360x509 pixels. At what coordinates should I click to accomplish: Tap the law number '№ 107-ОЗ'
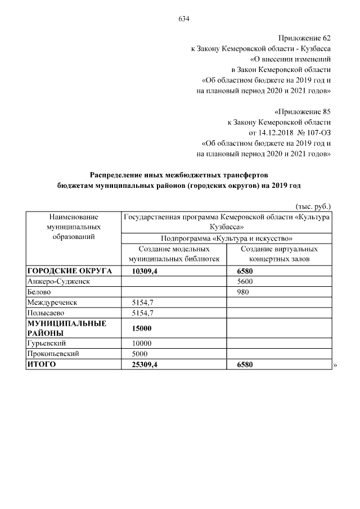click(316, 133)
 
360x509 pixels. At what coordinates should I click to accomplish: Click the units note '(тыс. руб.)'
click(313, 206)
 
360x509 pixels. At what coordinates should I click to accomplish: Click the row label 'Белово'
click(39, 292)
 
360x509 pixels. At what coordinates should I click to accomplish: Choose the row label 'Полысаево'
click(46, 313)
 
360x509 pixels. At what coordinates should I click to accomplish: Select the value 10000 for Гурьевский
click(142, 344)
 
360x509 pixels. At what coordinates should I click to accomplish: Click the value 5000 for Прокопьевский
click(139, 354)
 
